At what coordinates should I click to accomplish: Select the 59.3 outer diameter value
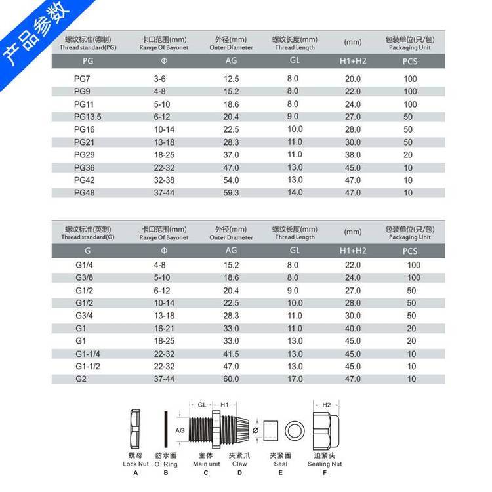[x=232, y=193]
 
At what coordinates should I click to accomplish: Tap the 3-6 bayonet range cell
[x=159, y=79]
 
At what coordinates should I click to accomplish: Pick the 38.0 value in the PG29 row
[x=353, y=155]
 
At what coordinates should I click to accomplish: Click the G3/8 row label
[x=85, y=277]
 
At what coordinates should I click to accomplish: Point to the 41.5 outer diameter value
[x=232, y=354]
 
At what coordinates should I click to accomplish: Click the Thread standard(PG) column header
[x=88, y=44]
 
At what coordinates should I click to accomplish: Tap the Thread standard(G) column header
[x=88, y=234]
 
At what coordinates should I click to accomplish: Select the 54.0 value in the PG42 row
[x=232, y=180]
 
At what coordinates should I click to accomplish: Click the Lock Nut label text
[x=136, y=464]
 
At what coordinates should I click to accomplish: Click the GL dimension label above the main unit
[x=203, y=405]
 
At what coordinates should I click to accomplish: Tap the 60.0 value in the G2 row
[x=232, y=379]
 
